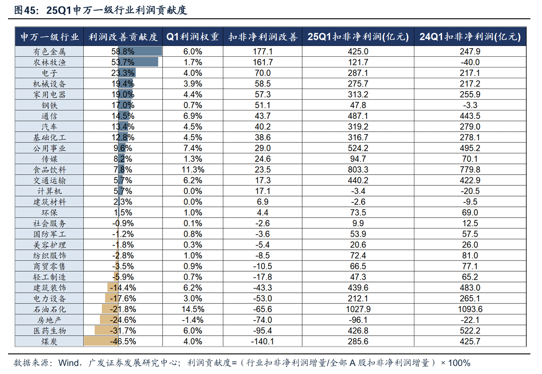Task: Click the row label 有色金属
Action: [49, 51]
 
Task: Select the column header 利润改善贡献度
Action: [123, 37]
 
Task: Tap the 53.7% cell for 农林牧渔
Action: [123, 62]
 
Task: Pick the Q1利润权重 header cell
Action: [193, 37]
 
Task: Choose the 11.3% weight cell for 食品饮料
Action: [193, 170]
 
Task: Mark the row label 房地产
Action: [49, 320]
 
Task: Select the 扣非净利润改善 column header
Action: [263, 37]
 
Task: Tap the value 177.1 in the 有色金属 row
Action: [263, 51]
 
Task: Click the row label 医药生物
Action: [49, 331]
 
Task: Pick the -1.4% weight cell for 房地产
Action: [193, 320]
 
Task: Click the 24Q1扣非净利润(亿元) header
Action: [470, 37]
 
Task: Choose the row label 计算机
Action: [49, 191]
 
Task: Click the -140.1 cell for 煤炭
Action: [263, 341]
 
